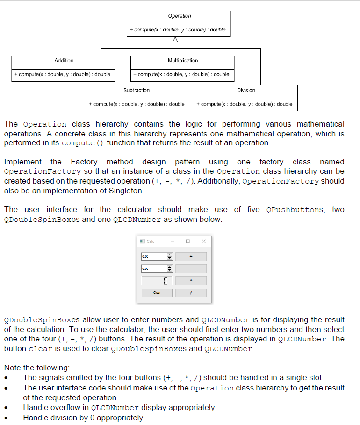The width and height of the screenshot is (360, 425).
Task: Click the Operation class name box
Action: click(180, 16)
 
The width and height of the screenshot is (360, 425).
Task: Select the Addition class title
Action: click(64, 61)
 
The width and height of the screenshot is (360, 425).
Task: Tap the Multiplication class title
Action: click(182, 61)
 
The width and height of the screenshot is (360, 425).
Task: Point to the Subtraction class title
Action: click(137, 90)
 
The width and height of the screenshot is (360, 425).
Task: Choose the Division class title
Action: click(246, 90)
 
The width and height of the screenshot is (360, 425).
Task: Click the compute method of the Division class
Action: click(245, 104)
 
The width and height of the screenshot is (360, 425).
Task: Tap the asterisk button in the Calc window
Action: click(191, 281)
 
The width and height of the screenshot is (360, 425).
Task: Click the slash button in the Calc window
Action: click(191, 293)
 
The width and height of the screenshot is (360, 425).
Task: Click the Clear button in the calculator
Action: click(157, 293)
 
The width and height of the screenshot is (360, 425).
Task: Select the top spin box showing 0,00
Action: click(154, 256)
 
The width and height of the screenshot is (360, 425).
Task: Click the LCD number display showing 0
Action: click(157, 281)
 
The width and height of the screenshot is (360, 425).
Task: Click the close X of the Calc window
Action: click(203, 241)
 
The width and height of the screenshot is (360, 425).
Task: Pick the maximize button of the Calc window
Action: click(188, 241)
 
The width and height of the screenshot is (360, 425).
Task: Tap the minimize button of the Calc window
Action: click(173, 241)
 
